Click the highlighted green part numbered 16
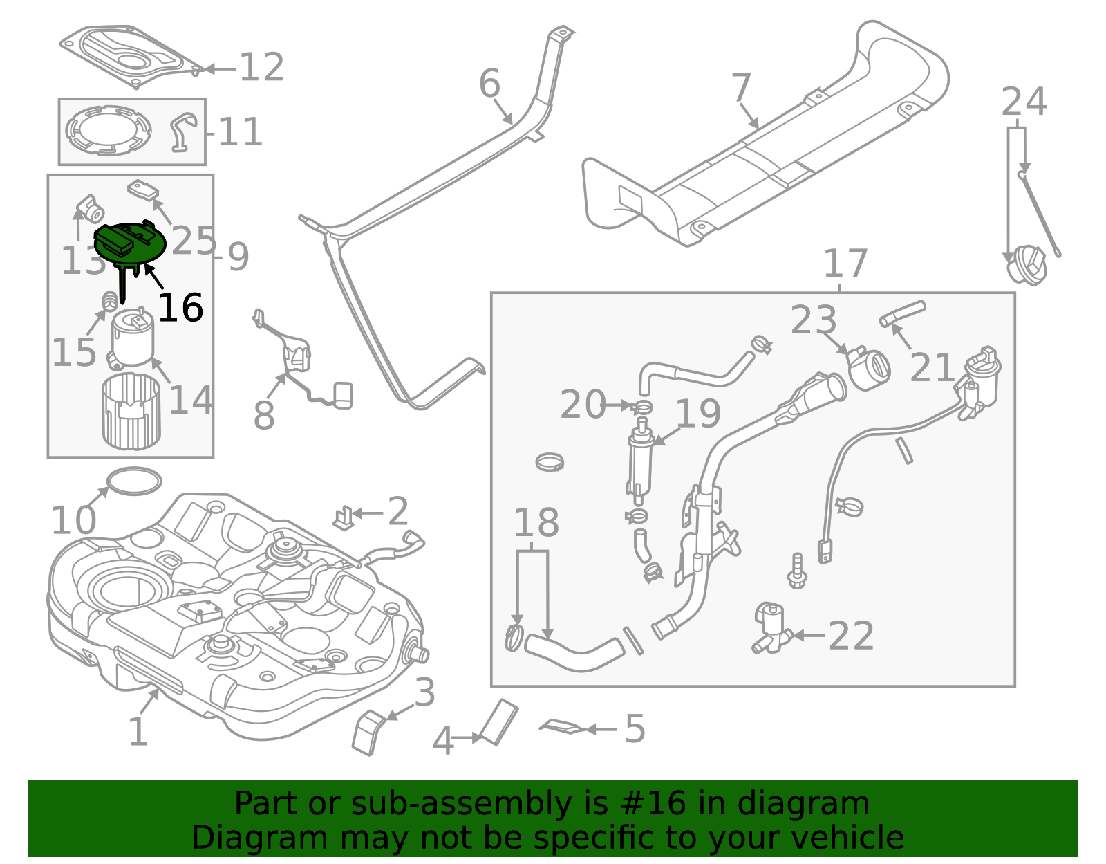pos(130,243)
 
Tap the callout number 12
pos(261,68)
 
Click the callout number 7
pos(741,89)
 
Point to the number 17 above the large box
pos(845,264)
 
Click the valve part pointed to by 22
pos(771,627)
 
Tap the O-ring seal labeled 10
pos(135,481)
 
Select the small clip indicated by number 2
pos(344,517)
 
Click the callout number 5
pos(635,729)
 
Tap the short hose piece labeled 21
pos(902,313)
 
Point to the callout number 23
pos(814,321)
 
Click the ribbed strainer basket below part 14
pos(131,411)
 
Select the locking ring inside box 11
pos(109,130)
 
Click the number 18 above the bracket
pos(536,523)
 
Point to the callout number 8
pos(263,416)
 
